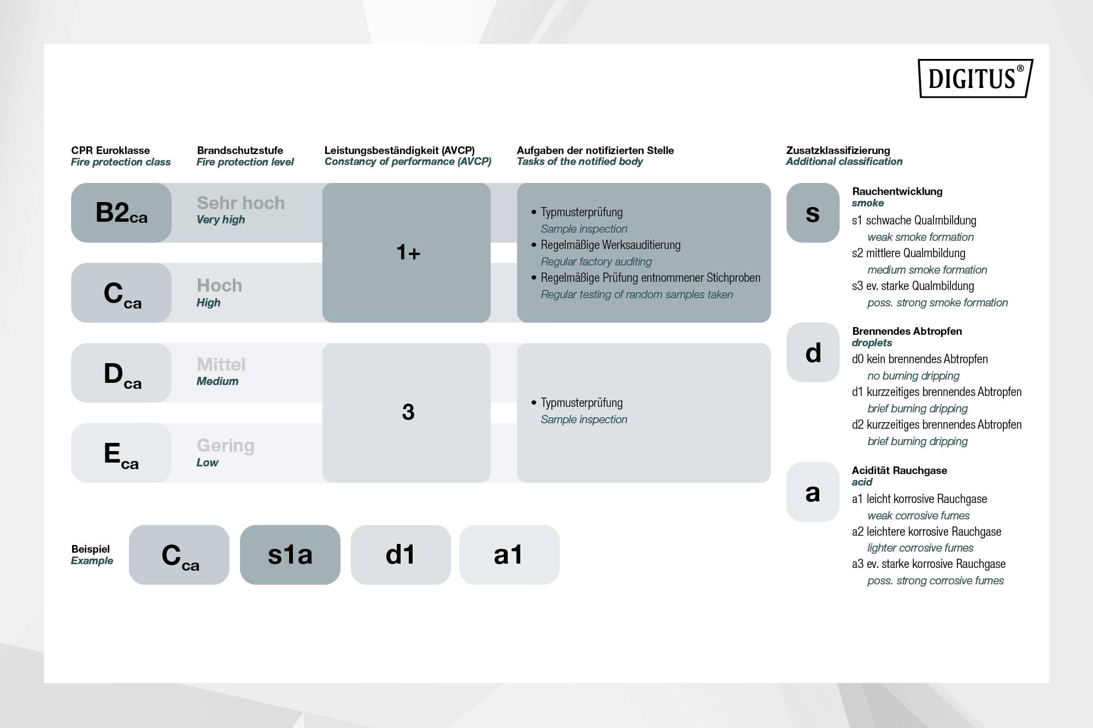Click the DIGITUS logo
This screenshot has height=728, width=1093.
[975, 78]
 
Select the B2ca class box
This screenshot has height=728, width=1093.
[121, 212]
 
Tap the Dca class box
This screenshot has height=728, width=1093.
[121, 373]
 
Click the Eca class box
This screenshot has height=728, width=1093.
[121, 453]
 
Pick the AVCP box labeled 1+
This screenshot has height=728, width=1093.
[407, 252]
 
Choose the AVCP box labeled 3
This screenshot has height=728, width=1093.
[407, 412]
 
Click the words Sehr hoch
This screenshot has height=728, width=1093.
[240, 203]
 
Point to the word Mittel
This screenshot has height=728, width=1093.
[221, 364]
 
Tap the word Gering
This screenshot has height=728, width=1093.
[225, 445]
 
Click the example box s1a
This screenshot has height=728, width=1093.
[290, 555]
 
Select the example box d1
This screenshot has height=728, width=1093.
[401, 555]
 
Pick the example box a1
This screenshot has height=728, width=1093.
[509, 555]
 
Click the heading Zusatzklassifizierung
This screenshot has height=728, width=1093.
[838, 150]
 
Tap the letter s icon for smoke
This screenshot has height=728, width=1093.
[813, 212]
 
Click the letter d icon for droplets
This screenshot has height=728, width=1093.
[813, 352]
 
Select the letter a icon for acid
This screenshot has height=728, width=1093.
[813, 492]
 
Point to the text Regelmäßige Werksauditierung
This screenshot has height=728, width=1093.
[610, 245]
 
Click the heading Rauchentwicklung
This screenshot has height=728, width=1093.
[897, 191]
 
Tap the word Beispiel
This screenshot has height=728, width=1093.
[90, 549]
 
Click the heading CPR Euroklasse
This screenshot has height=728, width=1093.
[110, 150]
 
